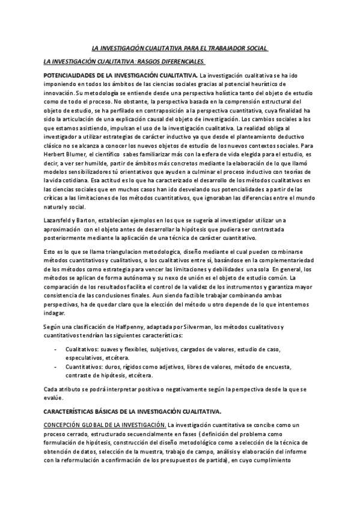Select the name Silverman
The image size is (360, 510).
[x=195, y=326]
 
